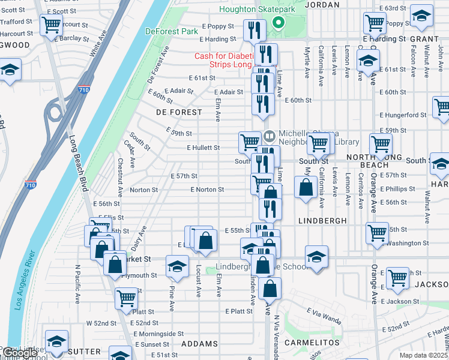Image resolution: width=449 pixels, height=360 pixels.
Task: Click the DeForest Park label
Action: click(x=171, y=31)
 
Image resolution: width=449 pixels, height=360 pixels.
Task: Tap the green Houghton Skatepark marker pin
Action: click(x=278, y=23)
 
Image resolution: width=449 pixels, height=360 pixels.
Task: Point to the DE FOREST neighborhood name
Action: click(x=179, y=112)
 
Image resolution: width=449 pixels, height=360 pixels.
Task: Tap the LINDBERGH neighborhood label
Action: click(x=322, y=221)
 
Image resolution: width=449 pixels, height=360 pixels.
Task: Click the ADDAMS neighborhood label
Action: click(x=199, y=344)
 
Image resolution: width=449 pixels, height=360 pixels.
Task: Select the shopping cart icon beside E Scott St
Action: click(x=52, y=25)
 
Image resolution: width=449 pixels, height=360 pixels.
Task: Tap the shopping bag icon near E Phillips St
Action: click(x=306, y=187)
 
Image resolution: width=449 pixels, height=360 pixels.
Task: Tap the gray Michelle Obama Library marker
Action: click(x=268, y=133)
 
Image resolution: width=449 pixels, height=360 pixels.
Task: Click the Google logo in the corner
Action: click(x=20, y=353)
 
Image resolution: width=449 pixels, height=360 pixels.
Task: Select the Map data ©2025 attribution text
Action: click(x=423, y=355)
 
